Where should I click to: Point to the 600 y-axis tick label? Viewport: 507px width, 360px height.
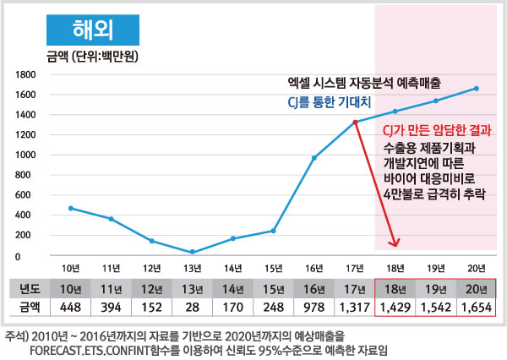point(26,195)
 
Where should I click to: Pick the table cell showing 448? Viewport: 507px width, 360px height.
point(71,307)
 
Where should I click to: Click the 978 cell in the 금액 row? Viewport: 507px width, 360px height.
point(314,307)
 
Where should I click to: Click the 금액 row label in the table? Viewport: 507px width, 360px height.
point(29,307)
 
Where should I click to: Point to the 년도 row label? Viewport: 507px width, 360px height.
point(29,288)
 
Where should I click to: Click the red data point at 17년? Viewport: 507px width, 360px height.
point(355,123)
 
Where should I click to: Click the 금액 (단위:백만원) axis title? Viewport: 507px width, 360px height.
point(91,57)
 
